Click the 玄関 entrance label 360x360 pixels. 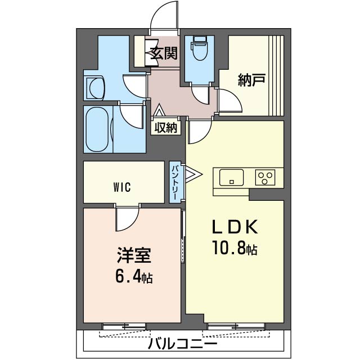coord(164,53)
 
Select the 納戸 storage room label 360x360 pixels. coord(251,80)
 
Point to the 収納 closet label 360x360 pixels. coord(166,128)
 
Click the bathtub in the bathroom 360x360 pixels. coord(97,130)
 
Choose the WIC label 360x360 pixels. coord(122,187)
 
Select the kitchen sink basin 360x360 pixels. coord(231,177)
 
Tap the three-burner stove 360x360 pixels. coord(265,177)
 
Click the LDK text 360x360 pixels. coord(235,227)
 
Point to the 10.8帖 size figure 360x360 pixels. coord(235,248)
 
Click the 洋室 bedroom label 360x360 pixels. coord(134,255)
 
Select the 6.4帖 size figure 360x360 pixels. coord(134,276)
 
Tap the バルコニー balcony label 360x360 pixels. coord(182,344)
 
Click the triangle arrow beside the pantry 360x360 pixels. coord(193,174)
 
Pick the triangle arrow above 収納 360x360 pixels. coord(159,110)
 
